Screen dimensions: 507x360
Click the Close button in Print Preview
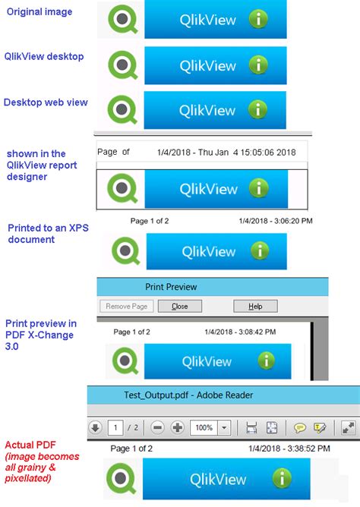point(180,307)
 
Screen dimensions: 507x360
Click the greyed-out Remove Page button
point(127,307)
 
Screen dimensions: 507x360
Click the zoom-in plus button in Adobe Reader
point(178,427)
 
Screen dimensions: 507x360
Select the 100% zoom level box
point(204,427)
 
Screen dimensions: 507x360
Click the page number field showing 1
point(115,427)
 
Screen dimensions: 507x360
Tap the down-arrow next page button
point(95,427)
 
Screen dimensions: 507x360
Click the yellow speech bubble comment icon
point(301,427)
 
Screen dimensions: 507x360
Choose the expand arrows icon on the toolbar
point(348,427)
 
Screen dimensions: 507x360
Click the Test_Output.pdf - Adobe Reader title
point(188,395)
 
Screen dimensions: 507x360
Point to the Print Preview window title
point(171,287)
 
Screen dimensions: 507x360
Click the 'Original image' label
point(39,11)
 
